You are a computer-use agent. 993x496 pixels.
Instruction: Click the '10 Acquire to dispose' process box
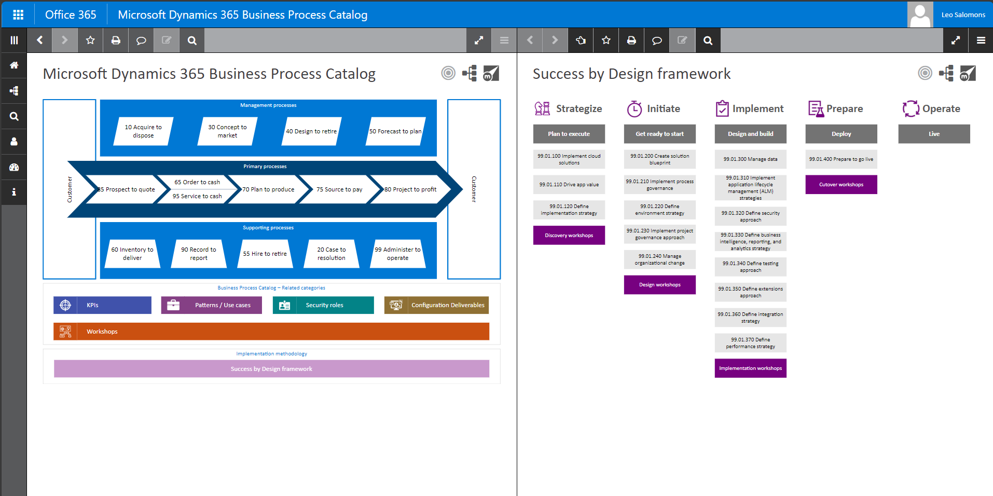tap(143, 131)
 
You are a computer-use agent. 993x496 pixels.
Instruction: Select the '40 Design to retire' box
tap(311, 131)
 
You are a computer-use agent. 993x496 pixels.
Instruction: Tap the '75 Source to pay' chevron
tap(339, 189)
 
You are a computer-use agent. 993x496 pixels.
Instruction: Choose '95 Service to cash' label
tap(197, 196)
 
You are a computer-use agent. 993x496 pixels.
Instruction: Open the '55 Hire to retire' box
tap(265, 254)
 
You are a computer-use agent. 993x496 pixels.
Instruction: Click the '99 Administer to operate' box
tap(397, 254)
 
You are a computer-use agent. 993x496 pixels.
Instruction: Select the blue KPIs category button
tap(102, 305)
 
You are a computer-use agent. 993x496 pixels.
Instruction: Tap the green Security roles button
tap(323, 305)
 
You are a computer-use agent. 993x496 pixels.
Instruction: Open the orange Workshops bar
tap(271, 332)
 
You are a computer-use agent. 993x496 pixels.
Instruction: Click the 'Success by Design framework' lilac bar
tap(271, 369)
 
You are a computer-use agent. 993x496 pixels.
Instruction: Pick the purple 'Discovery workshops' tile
tap(569, 236)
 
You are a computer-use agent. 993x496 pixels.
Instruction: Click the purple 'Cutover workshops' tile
tap(841, 185)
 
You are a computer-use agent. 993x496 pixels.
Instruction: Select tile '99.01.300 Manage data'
tap(750, 159)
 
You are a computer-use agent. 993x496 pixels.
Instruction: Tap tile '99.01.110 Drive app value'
tap(569, 185)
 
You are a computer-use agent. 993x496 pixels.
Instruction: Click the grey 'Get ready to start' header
tap(659, 134)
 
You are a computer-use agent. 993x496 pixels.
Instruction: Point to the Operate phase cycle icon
tap(911, 108)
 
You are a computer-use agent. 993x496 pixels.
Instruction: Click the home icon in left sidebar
tap(14, 65)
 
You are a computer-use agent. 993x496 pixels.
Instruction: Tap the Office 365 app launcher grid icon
tap(18, 15)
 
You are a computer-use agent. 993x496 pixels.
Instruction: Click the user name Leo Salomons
tap(963, 15)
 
